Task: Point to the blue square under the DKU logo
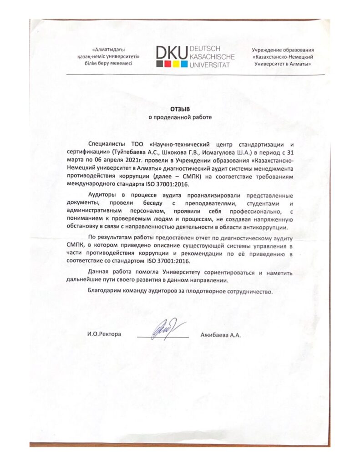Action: (184, 64)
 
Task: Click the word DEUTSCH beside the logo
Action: (205, 48)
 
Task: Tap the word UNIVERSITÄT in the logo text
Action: (209, 65)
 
